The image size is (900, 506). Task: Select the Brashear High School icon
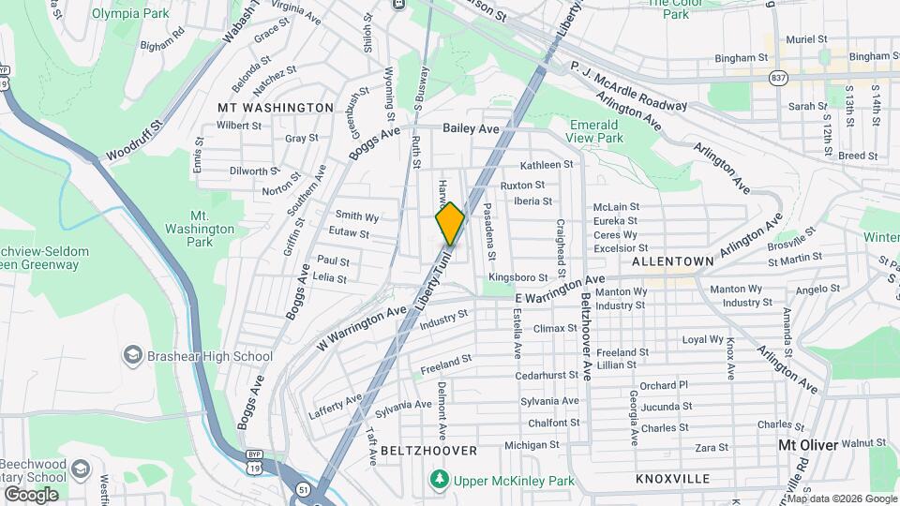tap(133, 356)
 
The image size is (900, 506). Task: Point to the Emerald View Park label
tap(595, 131)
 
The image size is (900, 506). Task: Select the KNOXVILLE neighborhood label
tap(672, 479)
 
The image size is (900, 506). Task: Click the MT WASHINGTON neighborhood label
tap(275, 108)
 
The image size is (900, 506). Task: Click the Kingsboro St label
tap(517, 278)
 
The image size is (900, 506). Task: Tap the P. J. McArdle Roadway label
tap(628, 80)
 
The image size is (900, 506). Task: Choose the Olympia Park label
tap(130, 14)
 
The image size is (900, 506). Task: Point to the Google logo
tap(31, 494)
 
